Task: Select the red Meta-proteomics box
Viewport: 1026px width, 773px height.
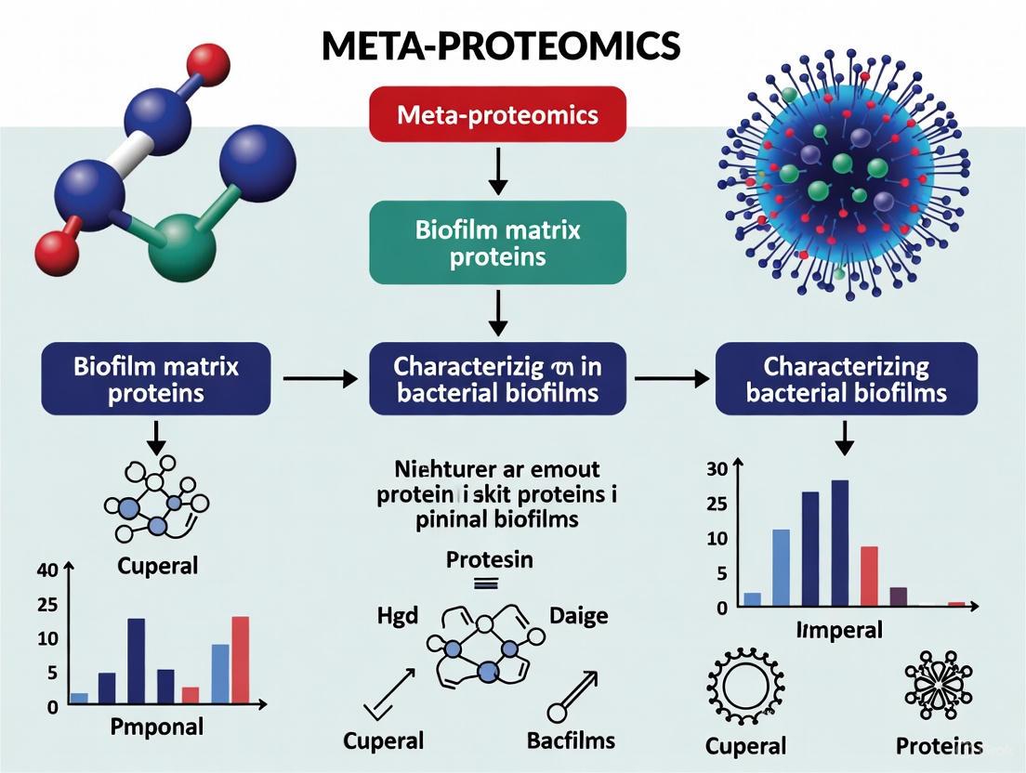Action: pyautogui.click(x=497, y=116)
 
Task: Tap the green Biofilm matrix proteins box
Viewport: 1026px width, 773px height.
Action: pyautogui.click(x=497, y=242)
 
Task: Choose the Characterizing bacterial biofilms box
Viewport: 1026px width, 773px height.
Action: pyautogui.click(x=846, y=379)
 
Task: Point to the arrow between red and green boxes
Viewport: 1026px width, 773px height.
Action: pyautogui.click(x=498, y=172)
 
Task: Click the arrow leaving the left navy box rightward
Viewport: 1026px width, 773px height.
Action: pyautogui.click(x=319, y=379)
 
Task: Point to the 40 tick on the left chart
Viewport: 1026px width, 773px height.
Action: pyautogui.click(x=46, y=570)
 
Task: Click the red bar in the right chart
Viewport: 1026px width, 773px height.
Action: pyautogui.click(x=869, y=576)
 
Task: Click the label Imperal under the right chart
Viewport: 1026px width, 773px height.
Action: pyautogui.click(x=839, y=630)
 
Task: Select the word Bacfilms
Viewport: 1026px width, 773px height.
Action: pyautogui.click(x=570, y=740)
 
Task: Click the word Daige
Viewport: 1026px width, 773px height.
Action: pyautogui.click(x=578, y=615)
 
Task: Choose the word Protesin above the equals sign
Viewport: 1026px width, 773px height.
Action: pyautogui.click(x=490, y=561)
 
